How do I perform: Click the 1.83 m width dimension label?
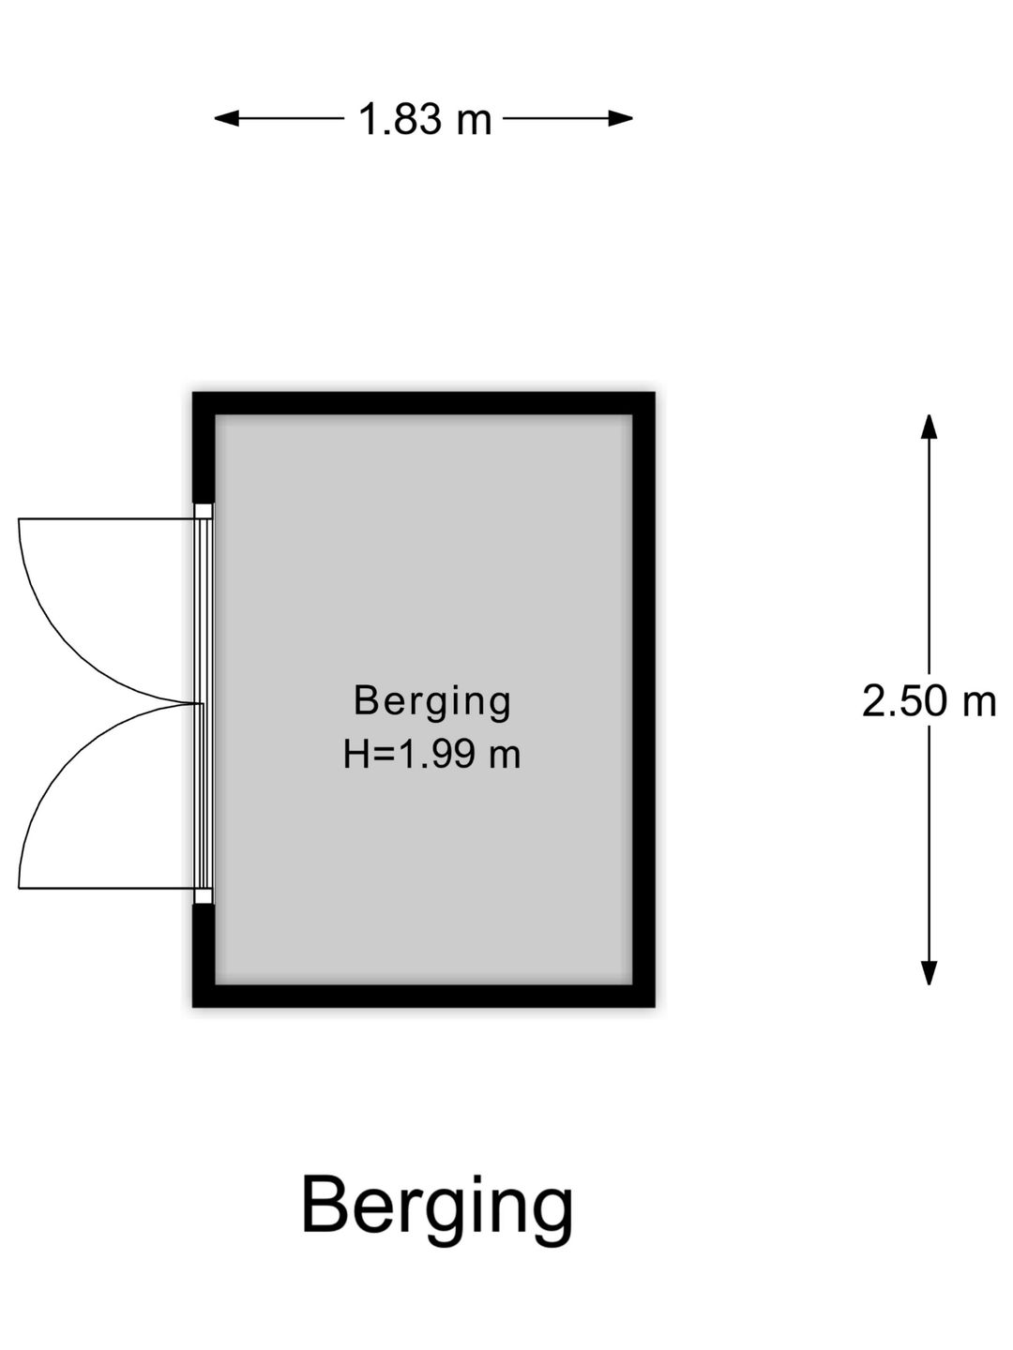tap(424, 119)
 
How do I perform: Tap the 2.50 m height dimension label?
tap(929, 701)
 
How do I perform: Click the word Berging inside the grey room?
tap(431, 702)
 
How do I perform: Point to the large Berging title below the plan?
tap(437, 1207)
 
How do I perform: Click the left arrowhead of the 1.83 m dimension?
tap(226, 118)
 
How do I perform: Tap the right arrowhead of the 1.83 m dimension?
tap(621, 118)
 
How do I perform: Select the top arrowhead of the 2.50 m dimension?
tap(929, 427)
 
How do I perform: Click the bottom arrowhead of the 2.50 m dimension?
tap(929, 973)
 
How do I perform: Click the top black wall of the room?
tap(423, 403)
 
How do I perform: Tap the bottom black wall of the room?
tap(423, 996)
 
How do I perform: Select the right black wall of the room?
tap(644, 700)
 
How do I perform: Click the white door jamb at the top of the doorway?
tap(204, 511)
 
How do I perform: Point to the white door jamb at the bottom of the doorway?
tap(204, 895)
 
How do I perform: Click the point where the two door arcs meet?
tap(198, 704)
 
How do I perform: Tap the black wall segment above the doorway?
tap(204, 448)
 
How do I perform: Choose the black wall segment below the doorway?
tap(204, 955)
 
